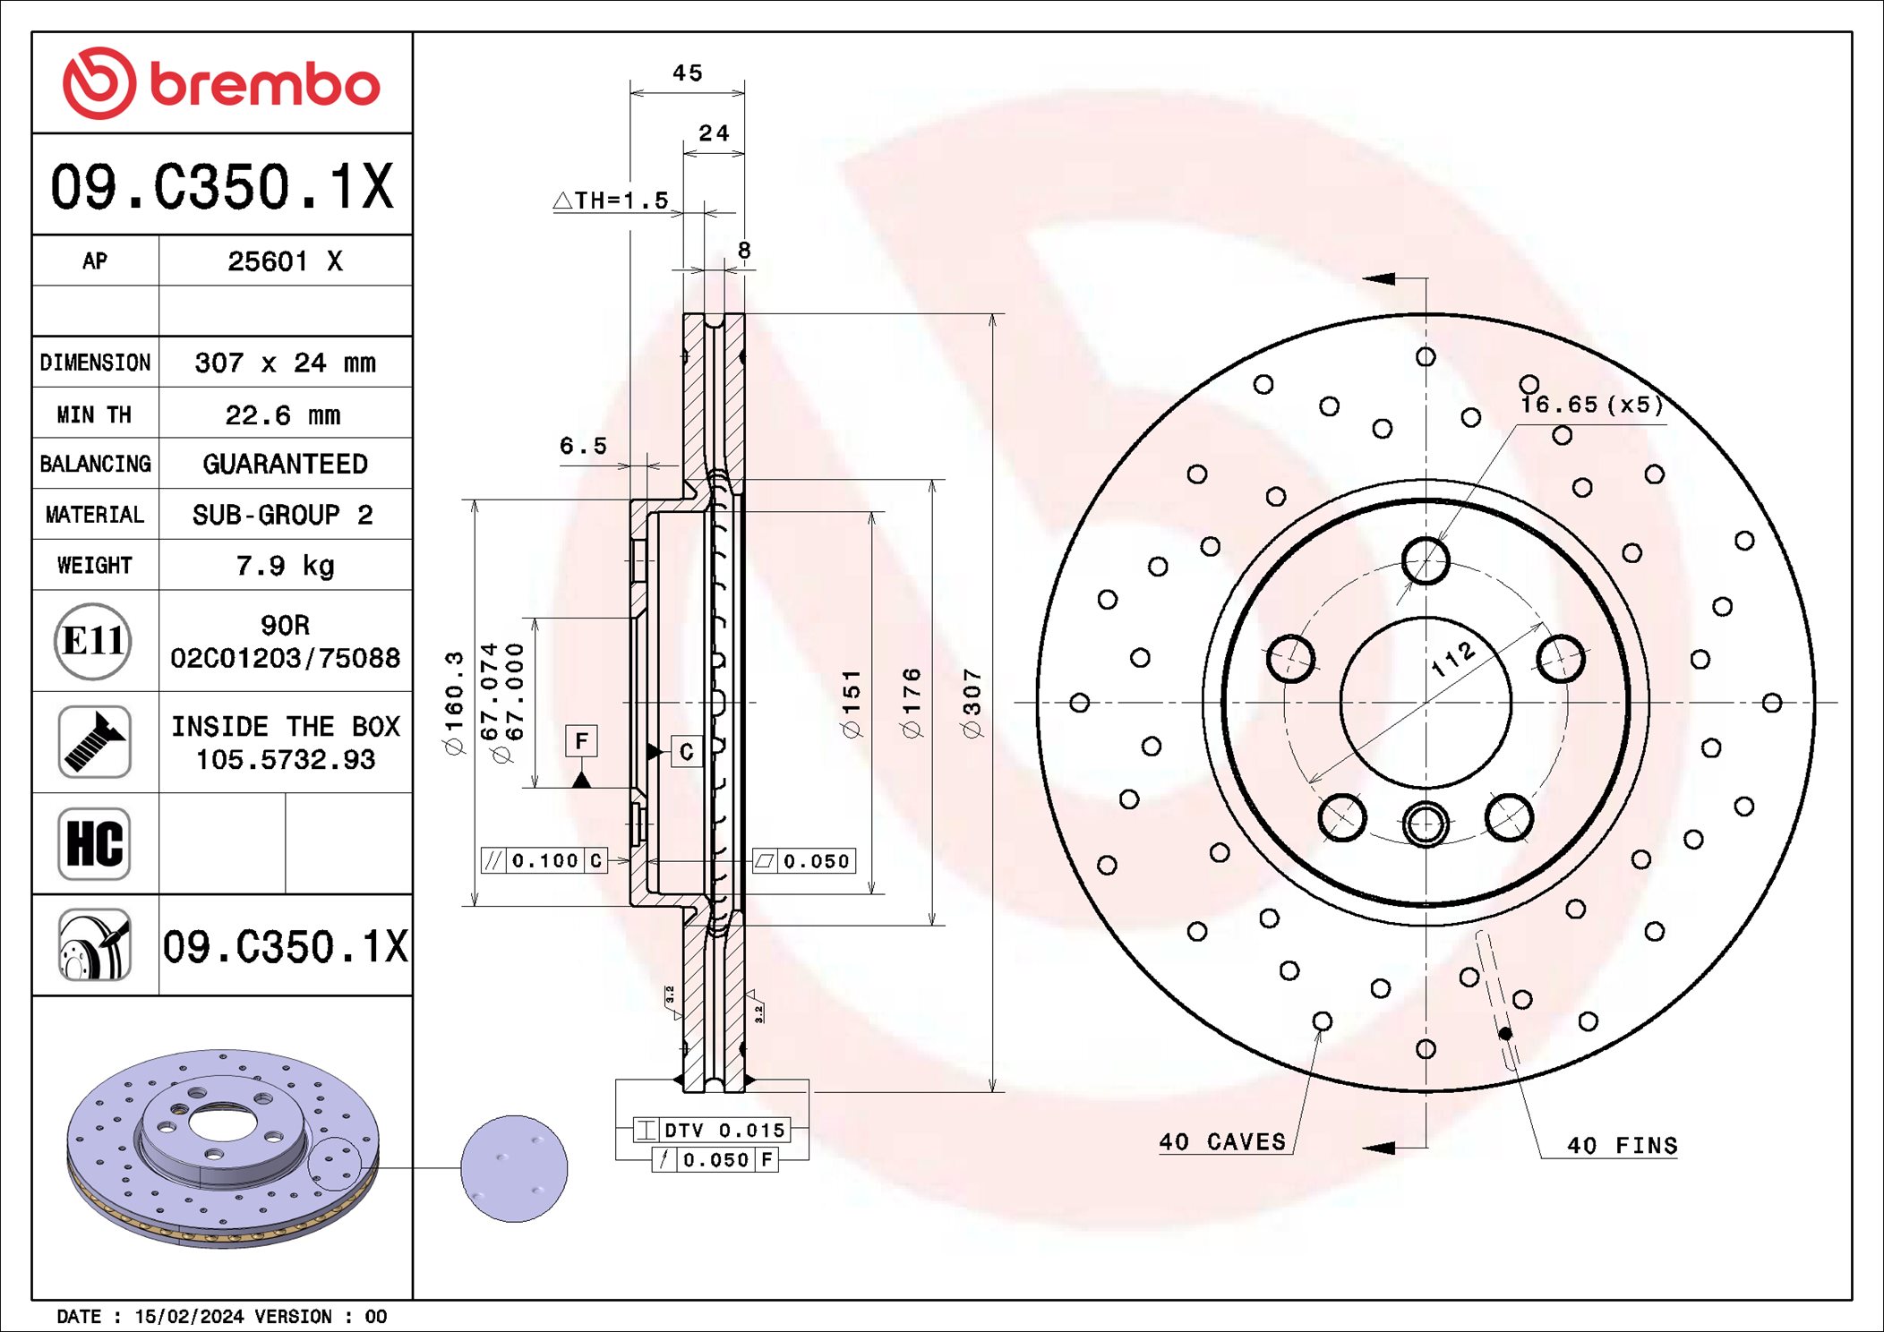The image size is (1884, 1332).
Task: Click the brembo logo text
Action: [264, 86]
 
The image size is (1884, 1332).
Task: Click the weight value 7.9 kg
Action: [285, 566]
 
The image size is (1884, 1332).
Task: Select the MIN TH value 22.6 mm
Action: [283, 415]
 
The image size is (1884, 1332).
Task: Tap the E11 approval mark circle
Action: [93, 641]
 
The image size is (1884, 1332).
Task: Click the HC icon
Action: [94, 843]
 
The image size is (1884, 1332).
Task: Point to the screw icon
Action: [94, 742]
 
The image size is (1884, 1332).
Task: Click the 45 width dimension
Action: [687, 73]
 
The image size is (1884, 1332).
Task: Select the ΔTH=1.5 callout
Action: [612, 201]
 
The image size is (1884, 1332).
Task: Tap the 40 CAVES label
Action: [1222, 1142]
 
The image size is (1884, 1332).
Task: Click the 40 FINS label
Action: [1622, 1146]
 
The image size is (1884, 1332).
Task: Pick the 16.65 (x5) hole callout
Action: [1591, 405]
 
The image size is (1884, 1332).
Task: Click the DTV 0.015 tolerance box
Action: [712, 1130]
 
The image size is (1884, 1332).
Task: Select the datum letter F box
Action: [581, 741]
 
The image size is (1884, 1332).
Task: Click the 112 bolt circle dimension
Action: [1452, 659]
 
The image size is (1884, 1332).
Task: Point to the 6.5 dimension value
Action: [583, 446]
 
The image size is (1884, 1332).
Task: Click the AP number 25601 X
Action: [285, 261]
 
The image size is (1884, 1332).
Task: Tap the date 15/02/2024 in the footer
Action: [189, 1317]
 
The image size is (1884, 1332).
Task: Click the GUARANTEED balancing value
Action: [285, 464]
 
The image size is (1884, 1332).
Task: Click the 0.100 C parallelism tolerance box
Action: [544, 860]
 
